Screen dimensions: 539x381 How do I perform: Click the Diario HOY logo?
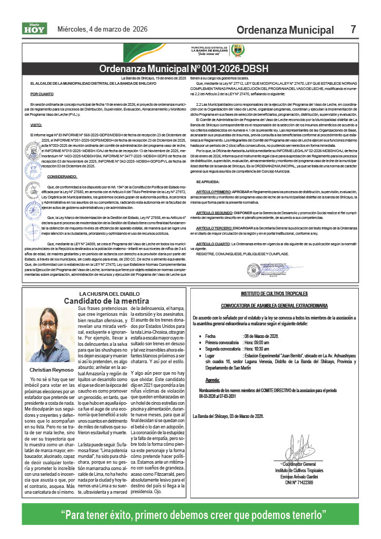(x=34, y=29)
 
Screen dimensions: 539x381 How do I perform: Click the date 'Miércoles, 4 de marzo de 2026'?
(x=102, y=29)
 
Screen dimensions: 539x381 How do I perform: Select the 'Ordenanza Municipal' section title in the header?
(x=285, y=31)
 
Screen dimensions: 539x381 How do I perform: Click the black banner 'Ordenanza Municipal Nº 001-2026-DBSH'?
(x=191, y=69)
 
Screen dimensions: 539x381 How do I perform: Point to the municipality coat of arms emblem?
(x=238, y=51)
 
